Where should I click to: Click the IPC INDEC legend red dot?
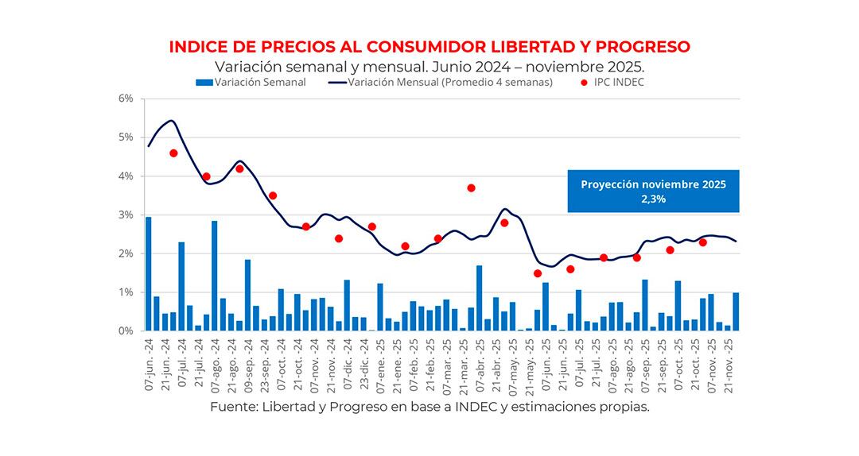tap(585, 82)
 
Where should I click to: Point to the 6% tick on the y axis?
tap(126, 99)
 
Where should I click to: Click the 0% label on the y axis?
tap(126, 331)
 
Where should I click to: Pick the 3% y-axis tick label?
tap(126, 215)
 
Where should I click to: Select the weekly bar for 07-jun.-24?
tap(149, 274)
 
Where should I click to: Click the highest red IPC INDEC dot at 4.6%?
tap(173, 153)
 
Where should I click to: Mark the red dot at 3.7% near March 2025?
tap(472, 188)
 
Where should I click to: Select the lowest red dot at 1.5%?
tap(538, 273)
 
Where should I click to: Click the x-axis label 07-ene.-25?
tap(380, 365)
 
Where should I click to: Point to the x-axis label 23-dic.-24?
tap(363, 365)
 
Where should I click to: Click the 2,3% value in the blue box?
tap(653, 199)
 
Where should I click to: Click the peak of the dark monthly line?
tap(172, 121)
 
